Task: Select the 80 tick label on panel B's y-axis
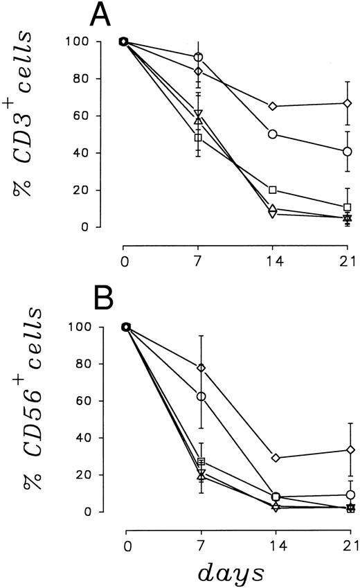pos(102,364)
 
